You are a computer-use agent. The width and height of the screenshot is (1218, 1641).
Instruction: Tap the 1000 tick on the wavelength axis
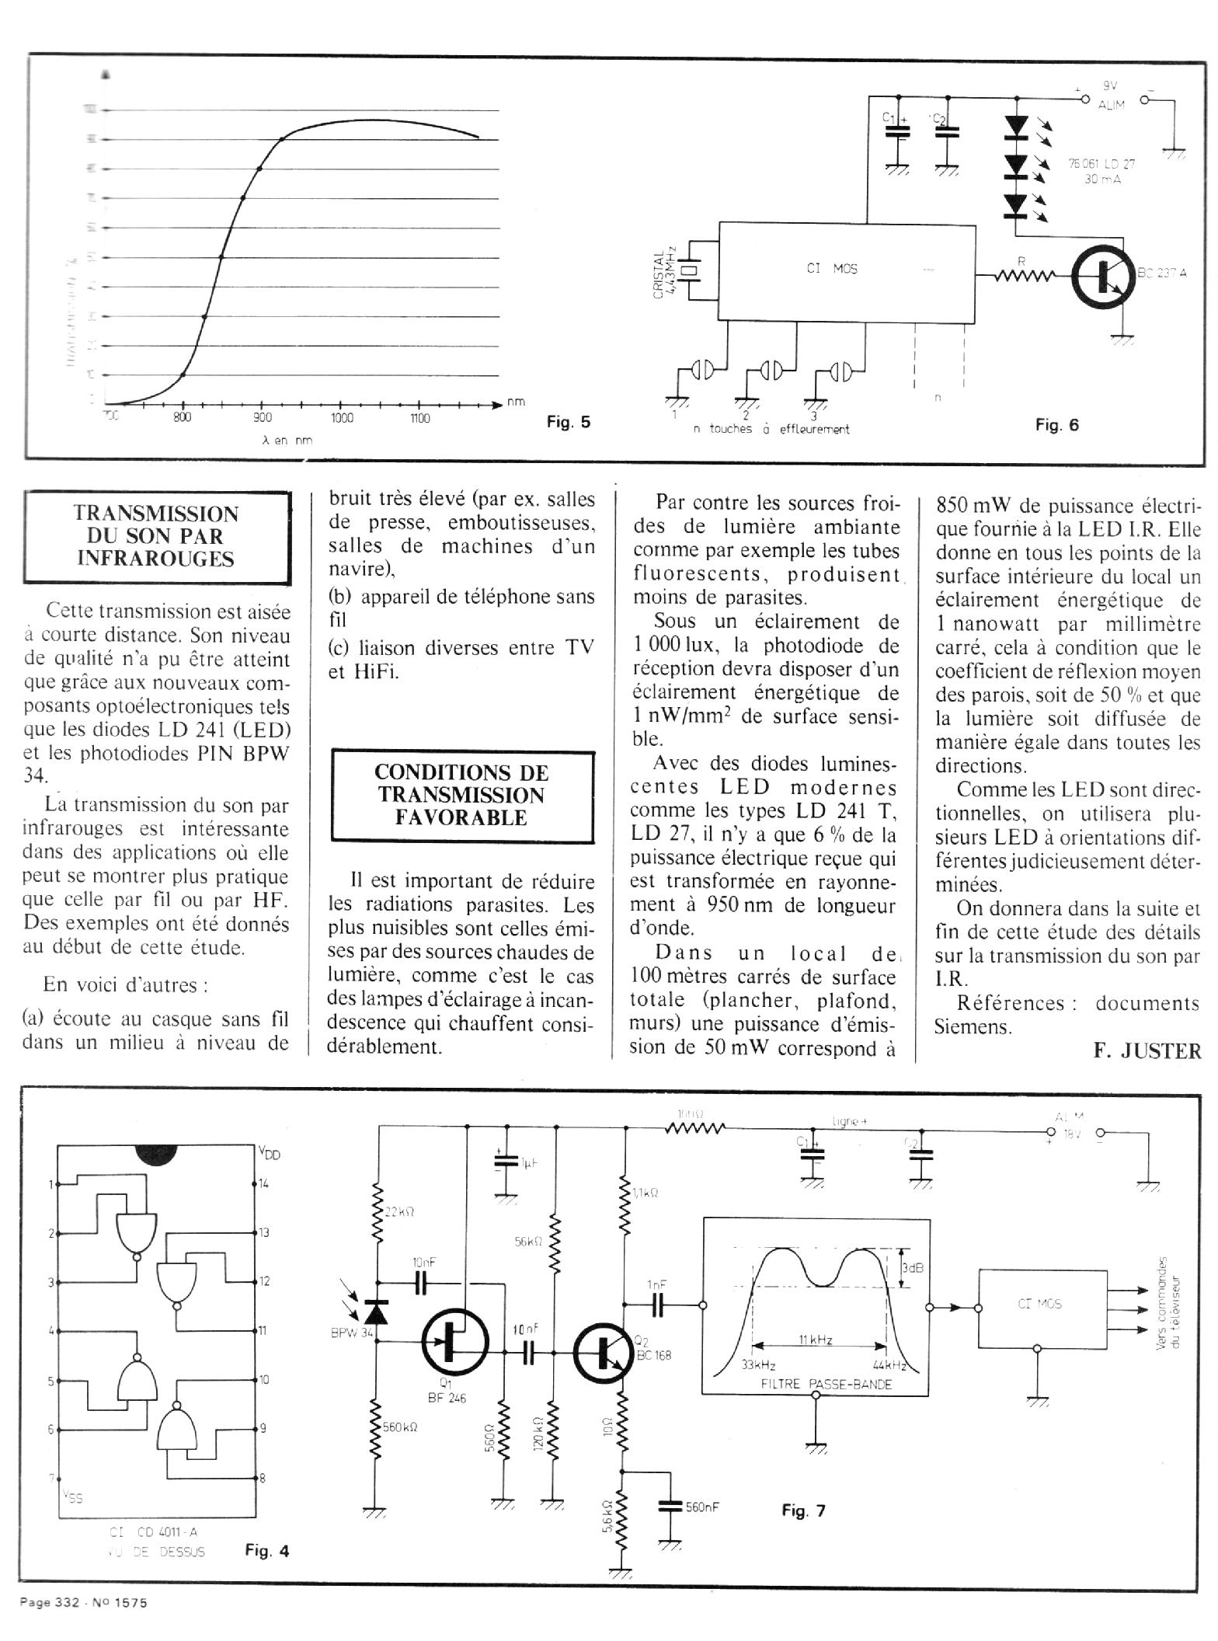click(341, 418)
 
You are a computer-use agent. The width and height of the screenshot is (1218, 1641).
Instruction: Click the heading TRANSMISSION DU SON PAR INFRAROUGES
click(156, 536)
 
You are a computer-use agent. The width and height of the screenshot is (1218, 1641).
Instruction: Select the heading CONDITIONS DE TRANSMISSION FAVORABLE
click(461, 795)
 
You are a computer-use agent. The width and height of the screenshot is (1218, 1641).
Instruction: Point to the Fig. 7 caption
click(803, 1510)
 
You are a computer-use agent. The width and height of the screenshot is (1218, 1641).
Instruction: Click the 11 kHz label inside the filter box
click(815, 1340)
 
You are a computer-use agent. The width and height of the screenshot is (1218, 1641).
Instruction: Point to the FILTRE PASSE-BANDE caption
click(815, 1384)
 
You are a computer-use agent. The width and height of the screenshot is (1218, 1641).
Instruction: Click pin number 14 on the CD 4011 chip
click(263, 1184)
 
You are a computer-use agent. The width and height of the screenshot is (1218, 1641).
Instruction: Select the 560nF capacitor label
click(702, 1507)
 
